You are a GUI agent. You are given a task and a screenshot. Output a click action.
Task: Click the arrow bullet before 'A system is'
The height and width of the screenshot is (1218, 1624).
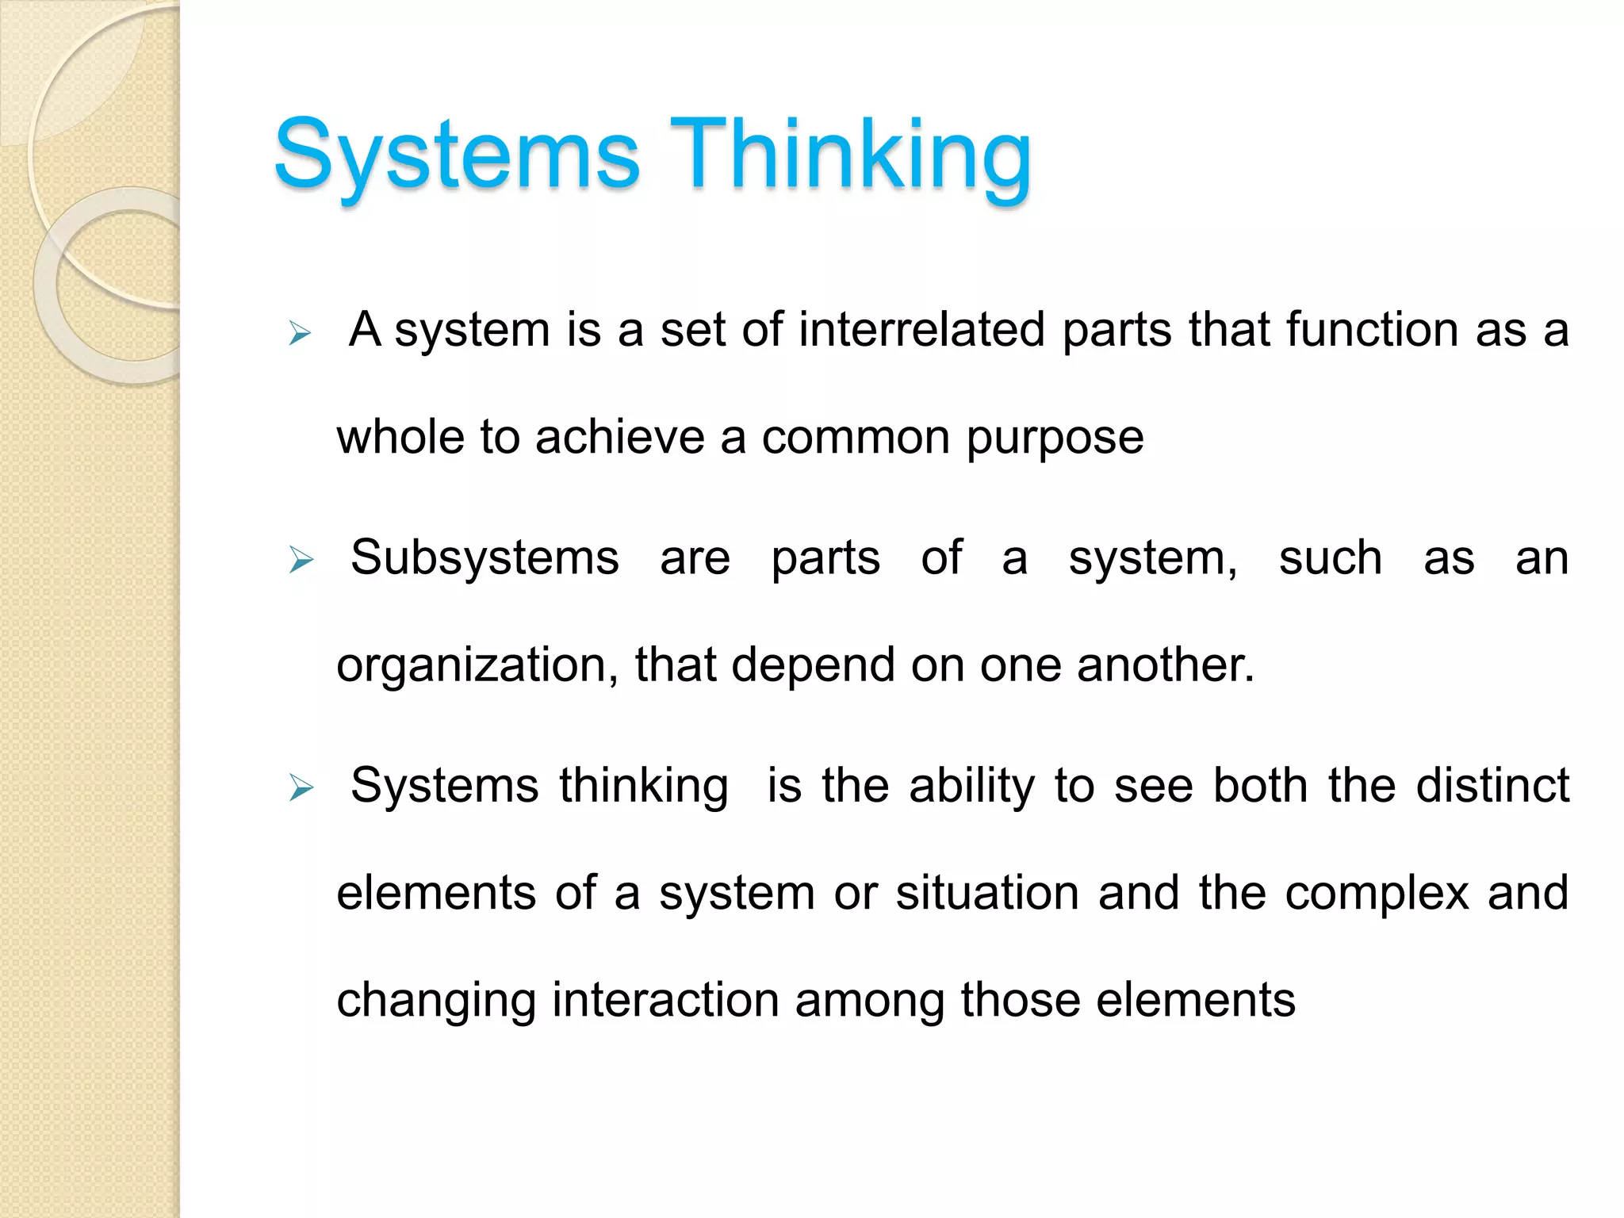[x=301, y=333]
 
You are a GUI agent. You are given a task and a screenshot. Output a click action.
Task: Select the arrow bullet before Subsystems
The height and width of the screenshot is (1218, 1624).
[x=301, y=561]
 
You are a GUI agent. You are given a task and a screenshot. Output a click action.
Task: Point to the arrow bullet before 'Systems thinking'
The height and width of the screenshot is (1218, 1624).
[x=301, y=788]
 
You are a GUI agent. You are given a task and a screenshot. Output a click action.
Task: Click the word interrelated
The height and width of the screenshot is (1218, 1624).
[x=921, y=330]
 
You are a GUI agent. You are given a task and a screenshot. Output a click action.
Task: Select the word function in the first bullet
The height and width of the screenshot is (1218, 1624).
[x=1372, y=330]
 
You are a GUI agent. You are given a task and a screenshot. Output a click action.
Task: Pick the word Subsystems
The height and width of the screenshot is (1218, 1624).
[x=485, y=559]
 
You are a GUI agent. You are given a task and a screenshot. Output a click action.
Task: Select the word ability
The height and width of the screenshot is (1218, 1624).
[x=972, y=787]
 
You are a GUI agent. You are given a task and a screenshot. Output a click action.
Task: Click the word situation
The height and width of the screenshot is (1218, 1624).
[x=987, y=893]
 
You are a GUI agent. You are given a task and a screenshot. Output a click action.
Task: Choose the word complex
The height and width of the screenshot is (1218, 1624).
[x=1377, y=894]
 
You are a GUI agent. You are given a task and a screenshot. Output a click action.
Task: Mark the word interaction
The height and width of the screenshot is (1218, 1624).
[x=666, y=1000]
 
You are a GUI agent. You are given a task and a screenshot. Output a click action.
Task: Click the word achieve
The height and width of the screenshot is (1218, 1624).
[x=620, y=437]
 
